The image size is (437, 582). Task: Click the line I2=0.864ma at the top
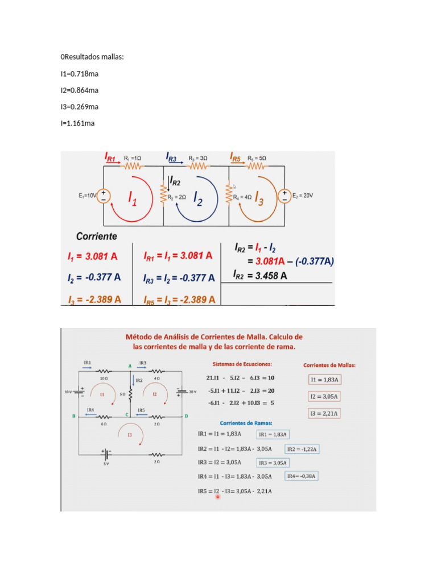tap(79, 90)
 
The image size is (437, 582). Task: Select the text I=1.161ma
tap(77, 123)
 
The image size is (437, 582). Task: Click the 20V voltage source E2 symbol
tap(284, 196)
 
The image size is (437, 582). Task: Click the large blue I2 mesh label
tap(198, 198)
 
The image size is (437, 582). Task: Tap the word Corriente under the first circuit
tap(97, 235)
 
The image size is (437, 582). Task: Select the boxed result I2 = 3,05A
tap(324, 396)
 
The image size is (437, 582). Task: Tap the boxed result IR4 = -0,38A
tap(302, 476)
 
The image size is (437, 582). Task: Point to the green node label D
tap(186, 417)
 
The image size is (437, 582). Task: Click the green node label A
tap(130, 365)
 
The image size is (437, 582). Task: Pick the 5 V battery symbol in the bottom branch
tap(105, 454)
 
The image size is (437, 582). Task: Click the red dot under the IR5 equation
tap(217, 497)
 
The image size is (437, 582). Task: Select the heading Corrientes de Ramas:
tap(245, 423)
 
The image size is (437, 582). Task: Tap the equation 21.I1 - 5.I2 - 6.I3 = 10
tap(240, 377)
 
